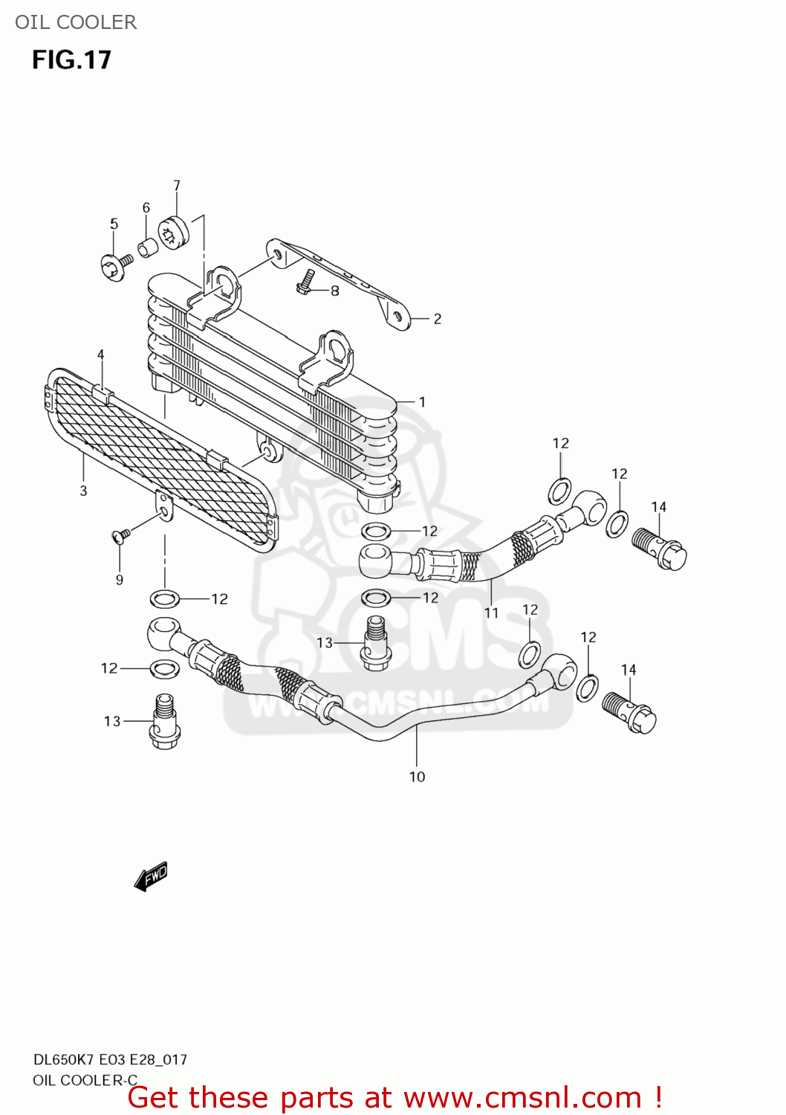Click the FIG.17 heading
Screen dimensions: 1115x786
[71, 59]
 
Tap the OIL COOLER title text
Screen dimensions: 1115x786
[76, 22]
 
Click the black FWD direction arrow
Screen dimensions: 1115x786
[151, 876]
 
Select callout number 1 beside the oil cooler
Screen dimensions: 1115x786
[422, 402]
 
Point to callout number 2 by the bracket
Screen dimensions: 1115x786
[437, 319]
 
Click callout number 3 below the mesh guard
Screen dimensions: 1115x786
[83, 491]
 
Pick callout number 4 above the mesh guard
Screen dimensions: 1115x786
[100, 355]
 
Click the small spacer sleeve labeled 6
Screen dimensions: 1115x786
[148, 247]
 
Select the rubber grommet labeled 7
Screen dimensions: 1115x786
[174, 232]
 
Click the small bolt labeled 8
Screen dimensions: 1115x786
[305, 281]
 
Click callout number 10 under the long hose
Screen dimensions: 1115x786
[417, 777]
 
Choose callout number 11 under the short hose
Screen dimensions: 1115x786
[491, 613]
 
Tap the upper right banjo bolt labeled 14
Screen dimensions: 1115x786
[660, 549]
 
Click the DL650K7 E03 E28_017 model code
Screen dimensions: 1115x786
[110, 1059]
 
